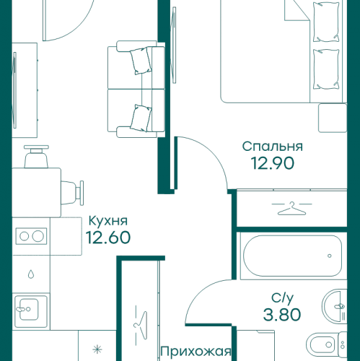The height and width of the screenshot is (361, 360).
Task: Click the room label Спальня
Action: click(x=272, y=147)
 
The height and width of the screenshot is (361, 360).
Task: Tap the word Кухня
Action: click(x=107, y=222)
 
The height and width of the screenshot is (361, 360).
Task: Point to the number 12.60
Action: click(x=107, y=238)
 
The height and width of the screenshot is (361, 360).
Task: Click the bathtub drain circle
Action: click(x=328, y=256)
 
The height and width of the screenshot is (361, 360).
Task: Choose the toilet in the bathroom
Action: click(x=322, y=346)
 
